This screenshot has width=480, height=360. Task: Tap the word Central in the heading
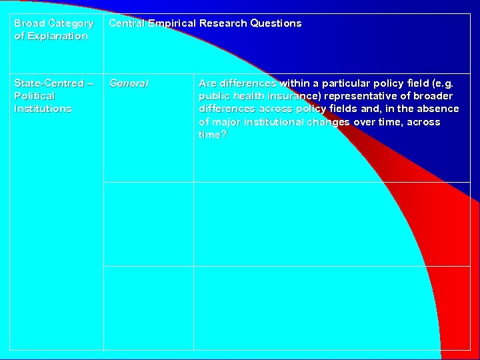pos(127,23)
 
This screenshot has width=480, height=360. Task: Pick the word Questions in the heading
pos(276,23)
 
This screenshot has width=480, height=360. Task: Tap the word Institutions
pos(43,109)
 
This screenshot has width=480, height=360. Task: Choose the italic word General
pos(129,83)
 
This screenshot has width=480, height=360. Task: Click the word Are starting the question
pos(208,83)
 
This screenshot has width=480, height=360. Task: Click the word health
pos(247,96)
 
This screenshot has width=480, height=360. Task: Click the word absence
pos(438,109)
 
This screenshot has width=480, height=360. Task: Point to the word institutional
pos(279,122)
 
